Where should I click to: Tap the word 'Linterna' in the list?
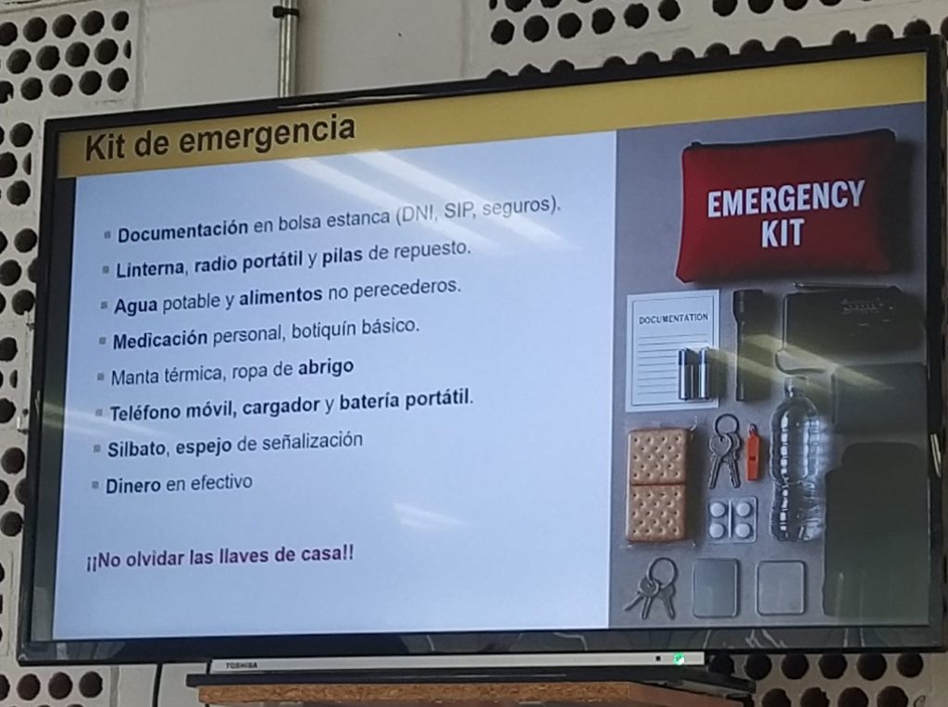click(150, 267)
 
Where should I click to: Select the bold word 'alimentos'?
click(281, 296)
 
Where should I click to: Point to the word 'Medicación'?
click(160, 340)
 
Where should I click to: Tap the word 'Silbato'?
click(137, 449)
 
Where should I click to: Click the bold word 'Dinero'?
click(133, 486)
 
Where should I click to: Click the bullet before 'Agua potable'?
click(104, 305)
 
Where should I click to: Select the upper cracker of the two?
click(658, 457)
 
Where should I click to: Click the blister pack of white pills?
click(731, 518)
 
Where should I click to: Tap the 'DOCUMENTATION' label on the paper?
click(673, 317)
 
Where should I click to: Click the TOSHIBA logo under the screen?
click(242, 665)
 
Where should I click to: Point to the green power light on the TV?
click(679, 659)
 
